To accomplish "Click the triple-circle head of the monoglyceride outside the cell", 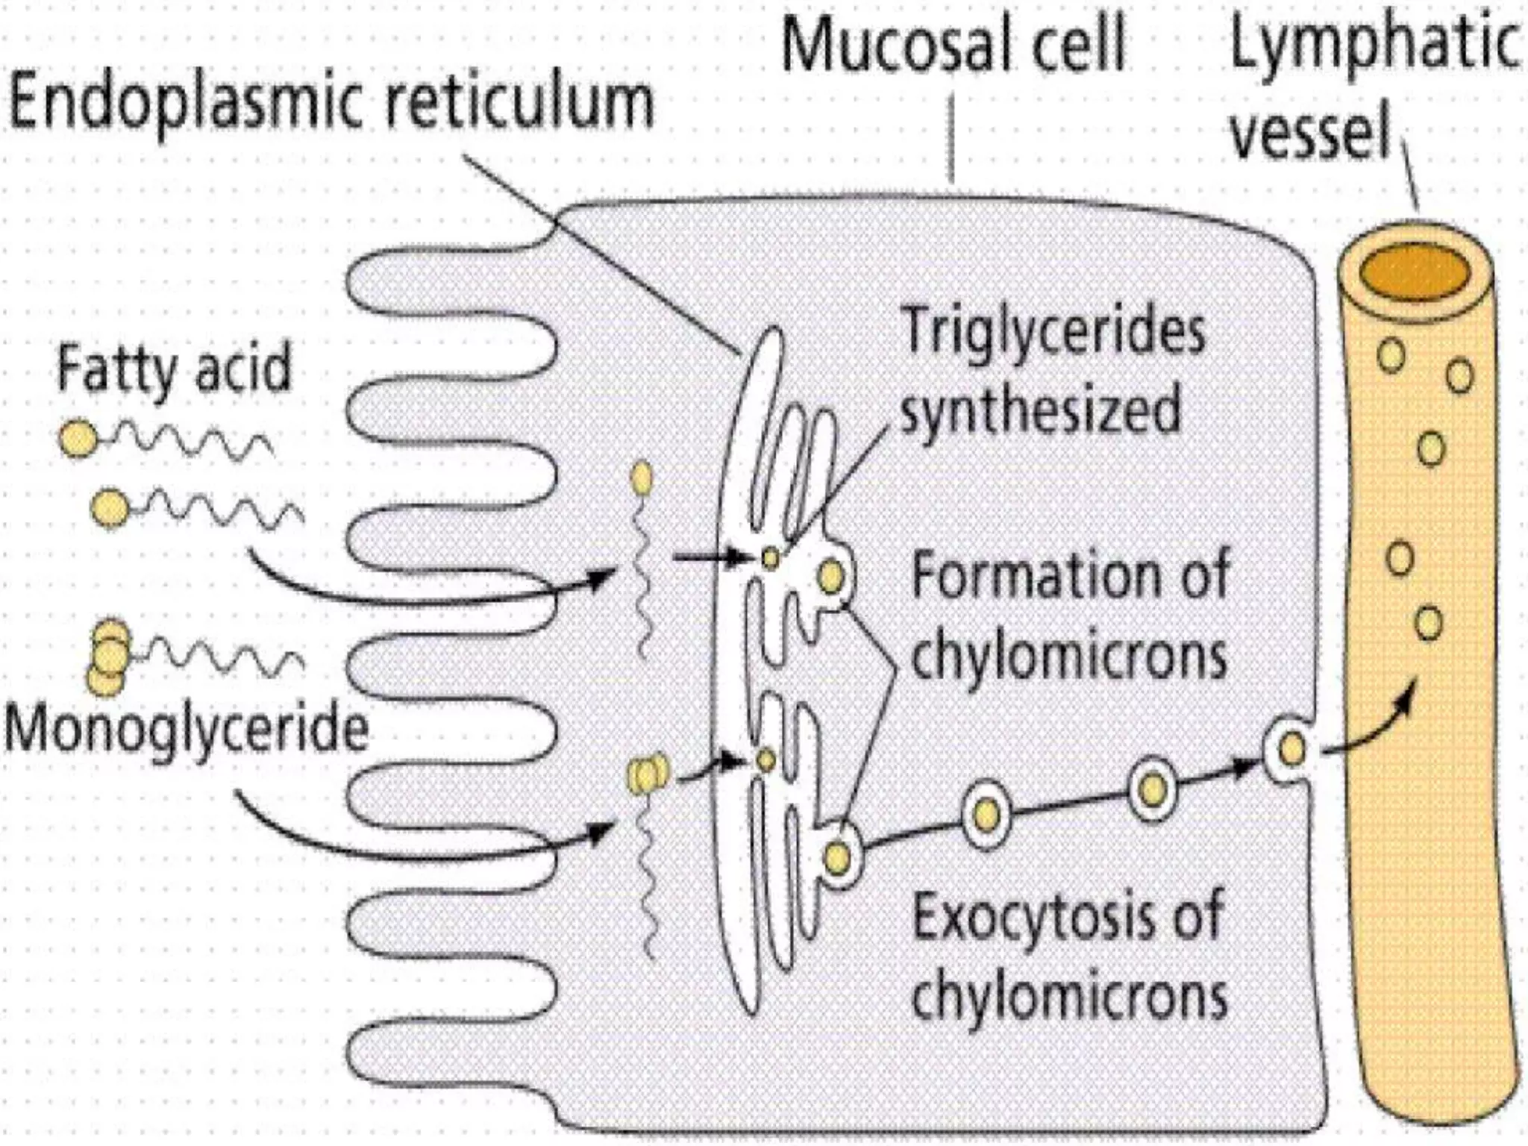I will [x=109, y=657].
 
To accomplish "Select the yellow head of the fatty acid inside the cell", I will [x=641, y=478].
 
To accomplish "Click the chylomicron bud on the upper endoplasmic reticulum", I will [x=831, y=576].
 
